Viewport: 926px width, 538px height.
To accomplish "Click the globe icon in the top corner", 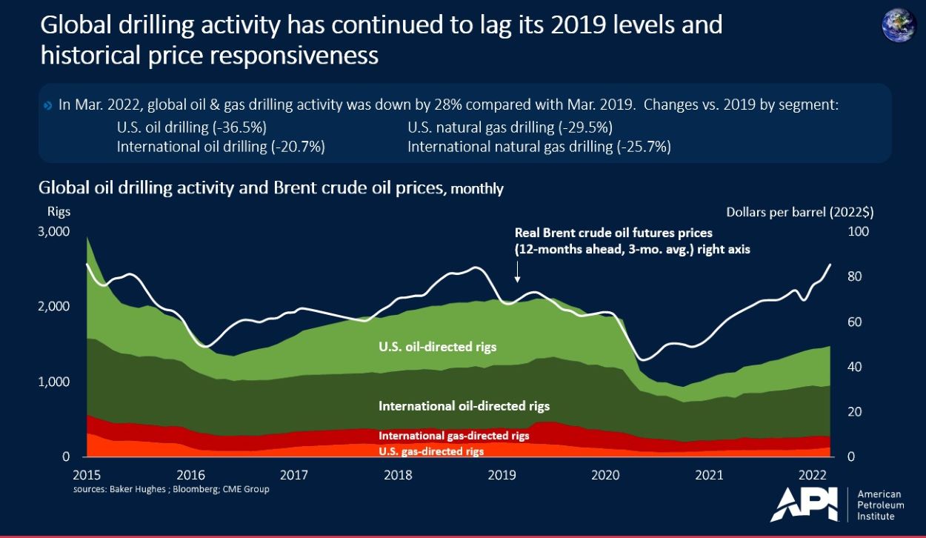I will pyautogui.click(x=899, y=24).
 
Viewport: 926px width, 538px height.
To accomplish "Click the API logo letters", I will pyautogui.click(x=804, y=505).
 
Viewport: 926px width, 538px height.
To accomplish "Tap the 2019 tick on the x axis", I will pyautogui.click(x=502, y=474).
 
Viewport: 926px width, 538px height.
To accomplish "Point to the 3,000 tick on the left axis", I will pyautogui.click(x=53, y=232).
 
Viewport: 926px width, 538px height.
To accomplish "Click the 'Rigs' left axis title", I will pyautogui.click(x=59, y=212).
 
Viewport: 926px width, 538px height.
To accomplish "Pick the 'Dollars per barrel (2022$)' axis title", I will pyautogui.click(x=799, y=212).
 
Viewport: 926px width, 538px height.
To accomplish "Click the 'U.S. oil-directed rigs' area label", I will pyautogui.click(x=437, y=346).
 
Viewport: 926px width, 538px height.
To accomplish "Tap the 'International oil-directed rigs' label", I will pyautogui.click(x=464, y=406).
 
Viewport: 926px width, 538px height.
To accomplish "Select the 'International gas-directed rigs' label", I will pyautogui.click(x=453, y=436).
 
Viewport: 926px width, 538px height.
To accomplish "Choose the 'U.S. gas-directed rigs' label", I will pyautogui.click(x=431, y=451).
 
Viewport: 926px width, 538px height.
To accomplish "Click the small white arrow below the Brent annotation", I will pyautogui.click(x=517, y=276).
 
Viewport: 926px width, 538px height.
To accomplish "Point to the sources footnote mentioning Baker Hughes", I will pyautogui.click(x=171, y=490).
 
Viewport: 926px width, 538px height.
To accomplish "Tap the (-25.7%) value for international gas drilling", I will pyautogui.click(x=642, y=147).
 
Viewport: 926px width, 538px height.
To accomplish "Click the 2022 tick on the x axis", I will pyautogui.click(x=813, y=474).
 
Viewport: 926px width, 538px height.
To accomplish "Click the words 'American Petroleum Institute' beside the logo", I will pyautogui.click(x=879, y=505).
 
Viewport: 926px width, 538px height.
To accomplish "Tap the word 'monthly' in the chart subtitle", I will pyautogui.click(x=476, y=189).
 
